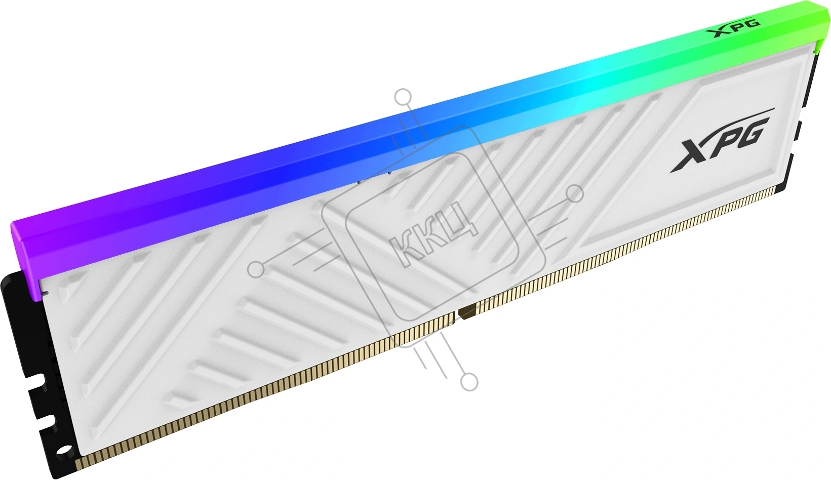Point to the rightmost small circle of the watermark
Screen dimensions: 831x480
pos(575,193)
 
